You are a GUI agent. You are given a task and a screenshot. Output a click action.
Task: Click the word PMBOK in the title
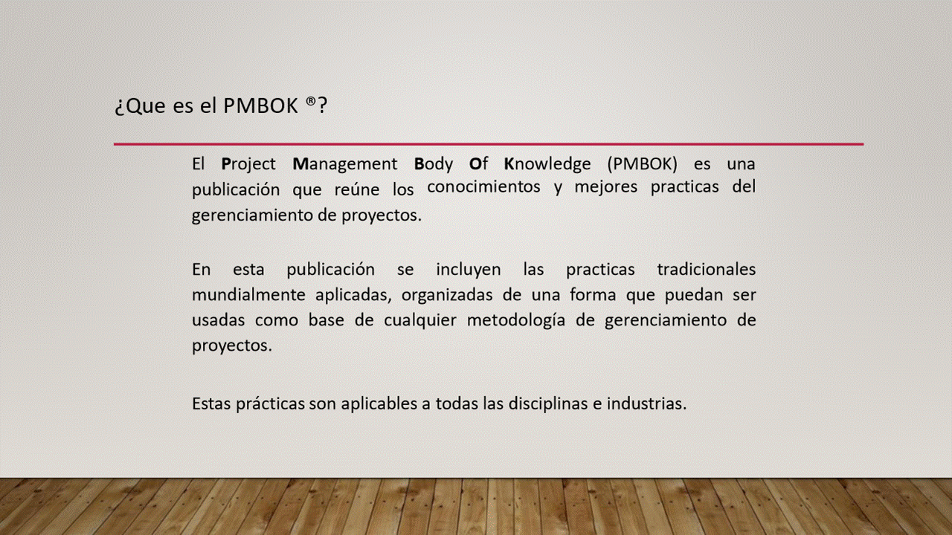tap(260, 106)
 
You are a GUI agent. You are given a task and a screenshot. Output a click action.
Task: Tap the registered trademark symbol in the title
tap(311, 101)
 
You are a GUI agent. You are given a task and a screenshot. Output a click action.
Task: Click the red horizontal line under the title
tap(489, 144)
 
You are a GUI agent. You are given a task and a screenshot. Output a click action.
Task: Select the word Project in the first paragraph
tap(248, 164)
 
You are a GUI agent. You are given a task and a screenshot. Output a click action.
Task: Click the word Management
tap(344, 164)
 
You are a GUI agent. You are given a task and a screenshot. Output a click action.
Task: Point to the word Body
tap(434, 164)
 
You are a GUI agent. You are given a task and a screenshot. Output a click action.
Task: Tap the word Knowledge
tap(547, 164)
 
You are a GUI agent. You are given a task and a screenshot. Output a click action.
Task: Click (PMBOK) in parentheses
tap(642, 164)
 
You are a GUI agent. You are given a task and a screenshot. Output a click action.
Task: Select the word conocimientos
tap(483, 187)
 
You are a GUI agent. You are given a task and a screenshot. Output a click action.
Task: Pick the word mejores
tap(606, 187)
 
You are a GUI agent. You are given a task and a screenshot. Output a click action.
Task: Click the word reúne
tap(357, 189)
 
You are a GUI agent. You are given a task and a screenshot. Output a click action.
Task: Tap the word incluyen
tap(469, 270)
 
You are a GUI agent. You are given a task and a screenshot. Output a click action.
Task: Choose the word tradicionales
tap(707, 269)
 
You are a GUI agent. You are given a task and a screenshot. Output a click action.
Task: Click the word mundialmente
tap(248, 295)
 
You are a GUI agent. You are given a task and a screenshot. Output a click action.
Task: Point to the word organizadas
tap(447, 295)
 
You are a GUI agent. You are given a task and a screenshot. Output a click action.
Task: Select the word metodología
tap(516, 320)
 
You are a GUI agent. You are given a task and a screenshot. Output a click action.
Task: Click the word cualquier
tap(420, 320)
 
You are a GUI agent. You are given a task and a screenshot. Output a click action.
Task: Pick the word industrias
tap(646, 403)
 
